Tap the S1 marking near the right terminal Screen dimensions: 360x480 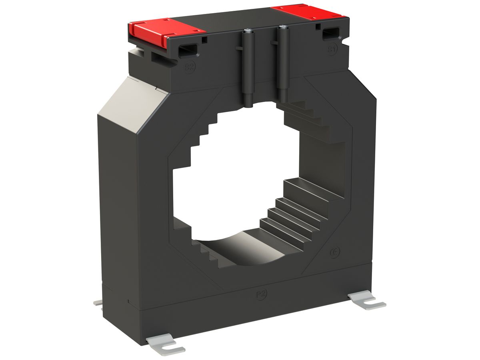click(x=332, y=49)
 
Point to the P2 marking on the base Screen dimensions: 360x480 click(x=261, y=294)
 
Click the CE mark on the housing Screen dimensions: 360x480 click(x=335, y=253)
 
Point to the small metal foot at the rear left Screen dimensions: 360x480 click(x=98, y=303)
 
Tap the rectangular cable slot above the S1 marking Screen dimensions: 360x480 click(x=330, y=34)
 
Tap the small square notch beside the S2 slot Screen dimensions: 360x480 click(x=204, y=40)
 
